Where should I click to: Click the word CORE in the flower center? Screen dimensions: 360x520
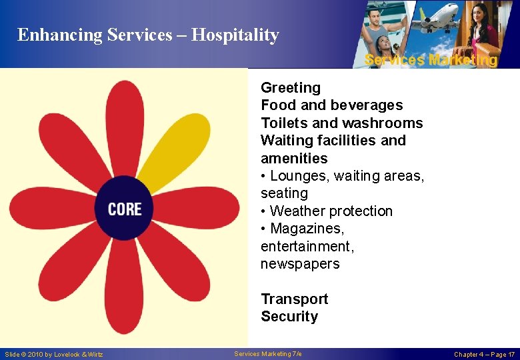coord(125,209)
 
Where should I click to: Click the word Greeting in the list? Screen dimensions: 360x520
coord(290,88)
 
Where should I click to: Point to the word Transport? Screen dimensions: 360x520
coord(294,299)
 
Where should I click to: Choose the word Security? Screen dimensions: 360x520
coord(289,317)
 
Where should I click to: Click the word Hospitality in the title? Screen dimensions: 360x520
coord(235,35)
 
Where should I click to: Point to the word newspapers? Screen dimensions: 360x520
coord(300,264)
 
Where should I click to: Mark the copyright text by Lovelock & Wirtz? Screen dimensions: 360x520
coord(54,354)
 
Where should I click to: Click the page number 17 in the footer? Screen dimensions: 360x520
coord(511,354)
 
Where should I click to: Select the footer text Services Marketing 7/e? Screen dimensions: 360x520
coord(268,353)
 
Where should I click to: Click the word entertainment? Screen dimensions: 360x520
coord(307,247)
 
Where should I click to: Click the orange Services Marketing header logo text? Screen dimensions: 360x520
coord(431,60)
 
